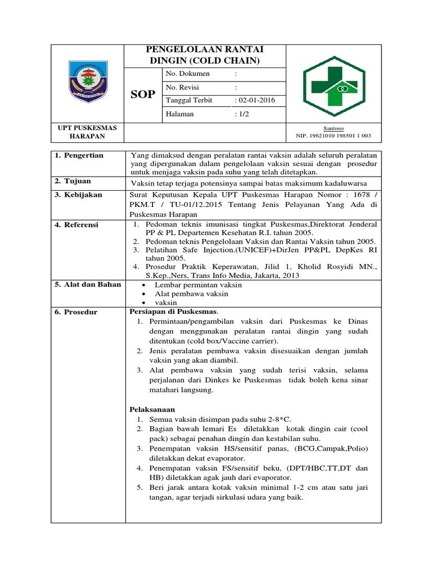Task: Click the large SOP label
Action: pos(143,94)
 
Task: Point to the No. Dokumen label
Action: pos(188,74)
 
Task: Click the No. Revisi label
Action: pos(183,88)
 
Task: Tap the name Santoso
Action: pos(334,128)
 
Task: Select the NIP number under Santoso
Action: pos(334,136)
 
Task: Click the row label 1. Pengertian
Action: pos(79,156)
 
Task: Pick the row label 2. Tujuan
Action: pos(73,182)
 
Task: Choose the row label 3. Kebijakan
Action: pos(78,195)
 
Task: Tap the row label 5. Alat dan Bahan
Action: pos(88,285)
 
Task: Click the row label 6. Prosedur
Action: pos(76,312)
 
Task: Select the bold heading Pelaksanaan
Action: pos(152,409)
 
